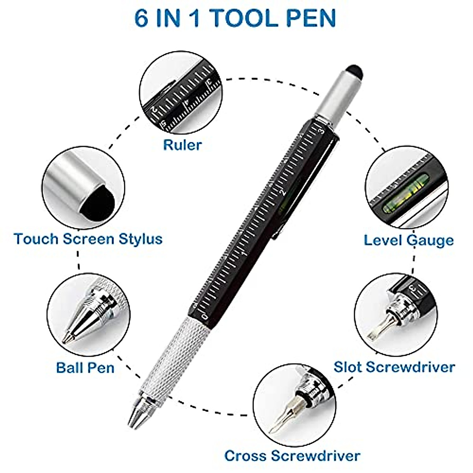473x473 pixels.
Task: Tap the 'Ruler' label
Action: (182, 145)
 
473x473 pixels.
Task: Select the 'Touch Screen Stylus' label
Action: (88, 239)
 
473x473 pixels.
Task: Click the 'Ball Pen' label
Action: (85, 367)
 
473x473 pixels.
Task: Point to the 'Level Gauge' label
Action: (408, 240)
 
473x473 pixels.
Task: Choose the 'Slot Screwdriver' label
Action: (394, 367)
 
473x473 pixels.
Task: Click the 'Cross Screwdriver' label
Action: (292, 456)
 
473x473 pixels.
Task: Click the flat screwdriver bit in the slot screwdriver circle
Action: (374, 331)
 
